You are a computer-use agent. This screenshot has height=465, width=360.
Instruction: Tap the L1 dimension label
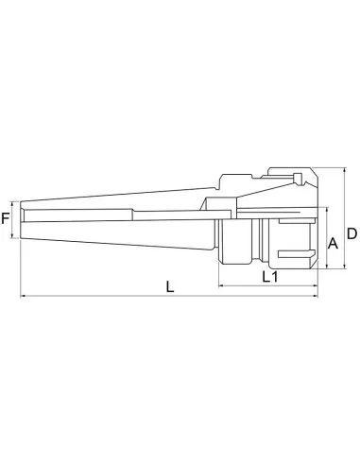click(268, 278)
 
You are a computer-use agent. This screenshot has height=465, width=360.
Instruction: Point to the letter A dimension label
click(332, 243)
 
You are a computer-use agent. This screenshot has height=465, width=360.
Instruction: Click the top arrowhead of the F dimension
click(17, 201)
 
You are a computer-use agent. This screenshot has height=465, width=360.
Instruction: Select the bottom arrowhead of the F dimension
click(17, 241)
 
